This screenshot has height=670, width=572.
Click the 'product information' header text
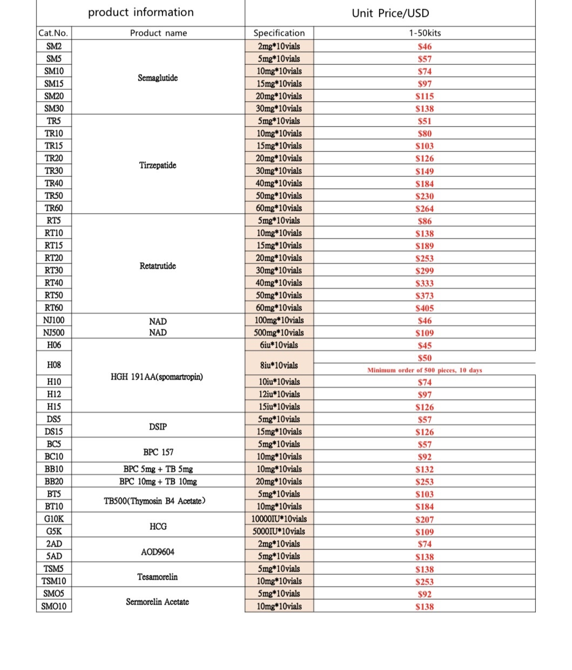click(x=140, y=12)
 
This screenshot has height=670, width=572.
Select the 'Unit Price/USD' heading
click(x=390, y=13)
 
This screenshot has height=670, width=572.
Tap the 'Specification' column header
click(x=279, y=33)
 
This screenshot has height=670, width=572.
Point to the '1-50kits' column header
click(x=425, y=33)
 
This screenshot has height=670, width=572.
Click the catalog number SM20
click(x=54, y=96)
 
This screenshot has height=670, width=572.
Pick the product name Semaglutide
click(x=158, y=78)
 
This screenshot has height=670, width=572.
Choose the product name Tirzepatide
click(x=158, y=165)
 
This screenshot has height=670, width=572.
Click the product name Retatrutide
click(x=158, y=266)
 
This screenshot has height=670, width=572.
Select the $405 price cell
click(x=425, y=308)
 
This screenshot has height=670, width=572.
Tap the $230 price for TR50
click(x=425, y=196)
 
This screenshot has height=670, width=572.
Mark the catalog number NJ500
click(x=54, y=333)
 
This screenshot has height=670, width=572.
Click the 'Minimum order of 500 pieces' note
click(x=425, y=370)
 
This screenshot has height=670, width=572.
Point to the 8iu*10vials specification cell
click(x=279, y=365)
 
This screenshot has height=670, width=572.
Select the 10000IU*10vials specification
click(x=279, y=519)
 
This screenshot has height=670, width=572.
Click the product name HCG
click(x=158, y=526)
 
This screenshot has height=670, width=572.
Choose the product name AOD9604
click(x=158, y=552)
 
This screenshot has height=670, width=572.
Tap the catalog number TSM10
click(x=54, y=581)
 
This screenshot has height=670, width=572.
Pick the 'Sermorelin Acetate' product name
click(x=158, y=602)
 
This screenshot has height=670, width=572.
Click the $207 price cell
click(x=425, y=520)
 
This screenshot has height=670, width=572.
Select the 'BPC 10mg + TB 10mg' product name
click(x=158, y=482)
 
